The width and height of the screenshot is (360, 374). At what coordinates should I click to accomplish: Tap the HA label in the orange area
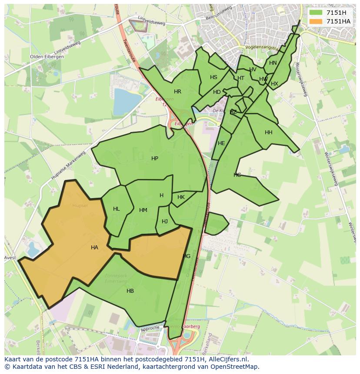click(x=94, y=248)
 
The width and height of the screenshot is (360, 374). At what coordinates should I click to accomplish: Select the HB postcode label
click(x=130, y=291)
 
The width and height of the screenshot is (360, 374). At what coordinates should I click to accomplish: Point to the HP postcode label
click(x=155, y=159)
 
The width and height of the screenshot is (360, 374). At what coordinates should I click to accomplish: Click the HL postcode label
click(x=116, y=209)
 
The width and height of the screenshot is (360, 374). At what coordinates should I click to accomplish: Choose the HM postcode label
click(x=143, y=210)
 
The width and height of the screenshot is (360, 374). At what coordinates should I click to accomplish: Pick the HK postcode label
click(x=181, y=197)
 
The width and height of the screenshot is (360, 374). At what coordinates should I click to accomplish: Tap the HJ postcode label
click(x=165, y=222)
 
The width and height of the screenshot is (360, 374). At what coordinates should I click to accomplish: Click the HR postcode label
click(x=177, y=92)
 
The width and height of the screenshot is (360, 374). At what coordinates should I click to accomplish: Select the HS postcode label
click(x=213, y=77)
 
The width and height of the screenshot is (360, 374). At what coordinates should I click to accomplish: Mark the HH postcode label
click(x=269, y=132)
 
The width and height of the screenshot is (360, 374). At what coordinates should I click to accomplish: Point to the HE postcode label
click(x=221, y=143)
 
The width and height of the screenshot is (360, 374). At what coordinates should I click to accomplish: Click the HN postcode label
click(x=273, y=63)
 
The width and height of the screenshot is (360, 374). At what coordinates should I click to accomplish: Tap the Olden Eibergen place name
click(x=47, y=57)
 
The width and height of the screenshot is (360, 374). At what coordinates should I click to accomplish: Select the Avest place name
click(x=10, y=258)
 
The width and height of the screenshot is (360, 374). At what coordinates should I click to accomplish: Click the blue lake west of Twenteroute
click(x=126, y=101)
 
